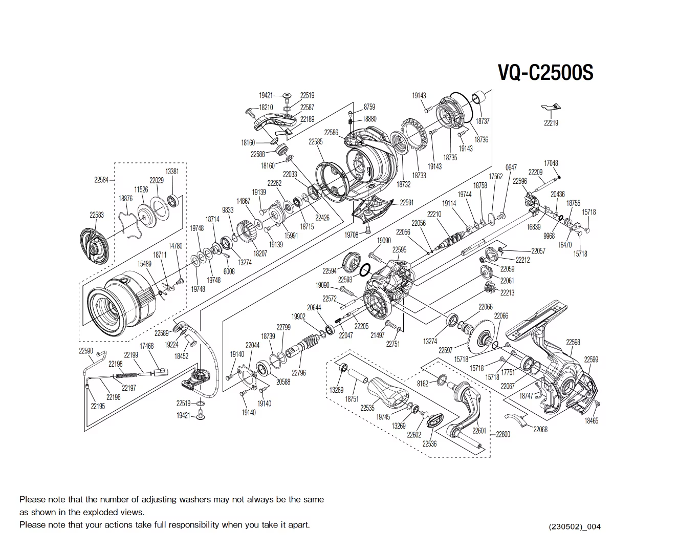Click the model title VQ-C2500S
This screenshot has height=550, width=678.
click(x=545, y=73)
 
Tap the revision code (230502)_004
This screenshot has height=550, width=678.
click(x=575, y=526)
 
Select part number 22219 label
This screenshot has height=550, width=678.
click(x=551, y=123)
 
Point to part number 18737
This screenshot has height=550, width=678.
click(x=482, y=121)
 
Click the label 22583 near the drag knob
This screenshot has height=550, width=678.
click(x=96, y=215)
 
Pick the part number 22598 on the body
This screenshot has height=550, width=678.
click(x=573, y=342)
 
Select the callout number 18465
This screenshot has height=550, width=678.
click(x=591, y=421)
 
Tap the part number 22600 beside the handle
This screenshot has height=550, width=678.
click(x=502, y=434)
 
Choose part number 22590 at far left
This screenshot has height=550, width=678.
click(x=85, y=351)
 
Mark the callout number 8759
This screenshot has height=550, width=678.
click(x=369, y=107)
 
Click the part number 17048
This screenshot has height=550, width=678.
click(x=551, y=163)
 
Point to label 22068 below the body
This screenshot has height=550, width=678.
click(x=540, y=430)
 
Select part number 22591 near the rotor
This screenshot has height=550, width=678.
click(x=406, y=203)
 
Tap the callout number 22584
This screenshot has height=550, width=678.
click(x=101, y=180)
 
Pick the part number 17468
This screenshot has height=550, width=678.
click(x=146, y=346)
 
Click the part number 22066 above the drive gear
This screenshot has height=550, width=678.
click(x=485, y=307)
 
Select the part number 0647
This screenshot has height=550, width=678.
click(x=511, y=167)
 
